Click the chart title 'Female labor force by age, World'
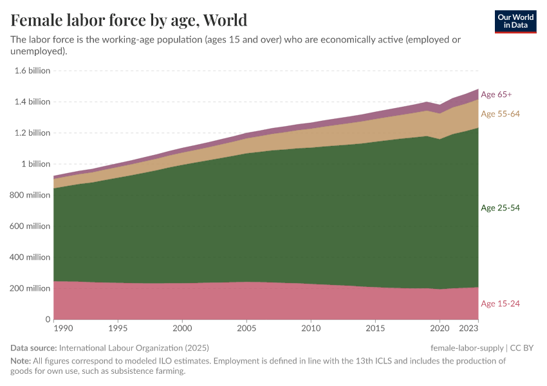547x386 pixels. pos(129,20)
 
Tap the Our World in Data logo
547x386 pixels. pos(515,21)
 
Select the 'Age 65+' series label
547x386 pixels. pos(496,95)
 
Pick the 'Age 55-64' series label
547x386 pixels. pos(500,114)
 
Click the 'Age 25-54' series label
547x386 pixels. pos(500,208)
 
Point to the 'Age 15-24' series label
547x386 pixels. pos(500,304)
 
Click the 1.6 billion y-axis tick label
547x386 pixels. pos(32,71)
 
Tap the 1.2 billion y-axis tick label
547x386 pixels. pos(32,133)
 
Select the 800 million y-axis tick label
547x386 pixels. pos(32,195)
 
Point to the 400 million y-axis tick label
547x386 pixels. pos(32,257)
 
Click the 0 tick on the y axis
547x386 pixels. pos(47,320)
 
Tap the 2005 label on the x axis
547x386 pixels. pos(246,329)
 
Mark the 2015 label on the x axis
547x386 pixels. pos(375,329)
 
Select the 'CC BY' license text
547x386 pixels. pos(522,348)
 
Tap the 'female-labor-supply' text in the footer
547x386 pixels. pos(467,348)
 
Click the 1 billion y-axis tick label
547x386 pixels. pos(36,164)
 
